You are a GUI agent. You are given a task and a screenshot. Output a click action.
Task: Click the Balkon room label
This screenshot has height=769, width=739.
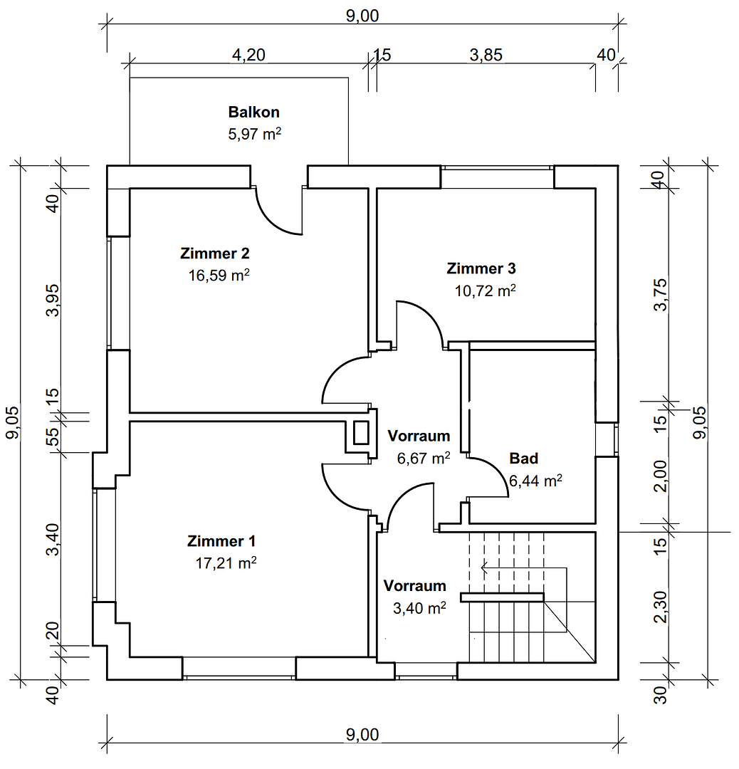[x=253, y=112]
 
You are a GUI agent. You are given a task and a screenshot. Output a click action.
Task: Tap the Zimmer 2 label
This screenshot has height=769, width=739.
[x=214, y=253]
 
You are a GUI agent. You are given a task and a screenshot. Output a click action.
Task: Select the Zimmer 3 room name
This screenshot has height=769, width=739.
[x=481, y=268]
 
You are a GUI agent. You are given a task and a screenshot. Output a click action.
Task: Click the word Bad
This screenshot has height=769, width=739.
[x=523, y=458]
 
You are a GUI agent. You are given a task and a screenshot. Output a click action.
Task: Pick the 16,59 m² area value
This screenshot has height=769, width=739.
[x=218, y=276]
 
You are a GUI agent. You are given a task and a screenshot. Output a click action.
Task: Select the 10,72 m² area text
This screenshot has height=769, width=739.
[x=485, y=291]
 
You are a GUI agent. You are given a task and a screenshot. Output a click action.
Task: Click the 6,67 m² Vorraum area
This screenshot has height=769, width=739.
[x=423, y=459]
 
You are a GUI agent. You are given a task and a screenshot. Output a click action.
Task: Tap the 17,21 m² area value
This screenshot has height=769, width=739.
[x=225, y=563]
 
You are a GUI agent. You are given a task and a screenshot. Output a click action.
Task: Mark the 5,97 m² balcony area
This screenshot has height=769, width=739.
[x=254, y=134]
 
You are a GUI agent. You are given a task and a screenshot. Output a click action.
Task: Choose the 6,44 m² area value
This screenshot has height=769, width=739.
[x=535, y=481]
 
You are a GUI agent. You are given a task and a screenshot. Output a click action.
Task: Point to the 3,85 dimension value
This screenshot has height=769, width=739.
[x=486, y=56]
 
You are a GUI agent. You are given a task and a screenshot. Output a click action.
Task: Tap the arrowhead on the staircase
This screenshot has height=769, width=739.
[x=485, y=568]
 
